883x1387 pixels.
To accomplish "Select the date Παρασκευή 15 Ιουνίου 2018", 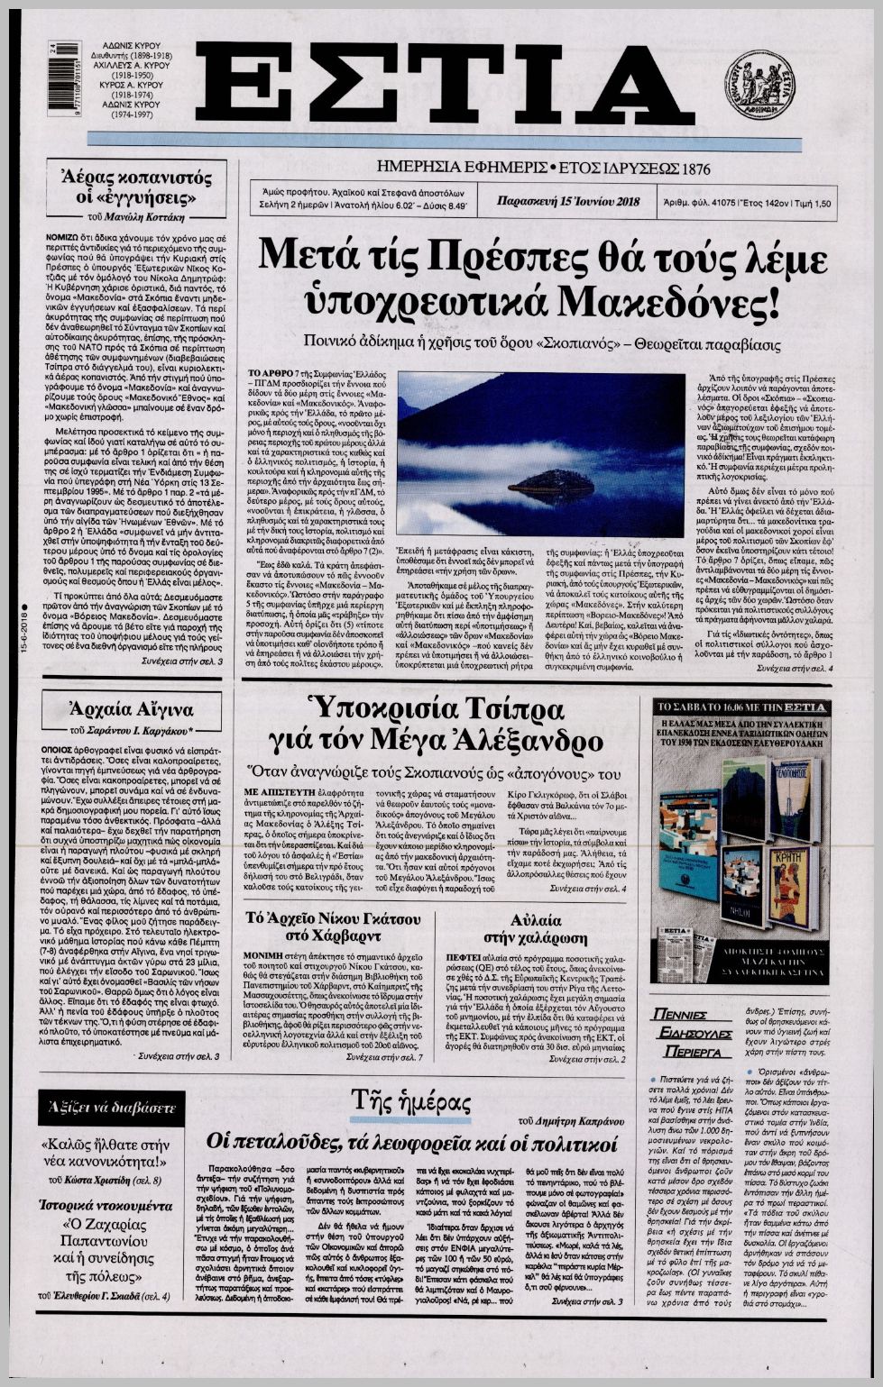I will [568, 201].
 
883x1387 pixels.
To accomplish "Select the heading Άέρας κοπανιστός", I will [130, 177].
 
